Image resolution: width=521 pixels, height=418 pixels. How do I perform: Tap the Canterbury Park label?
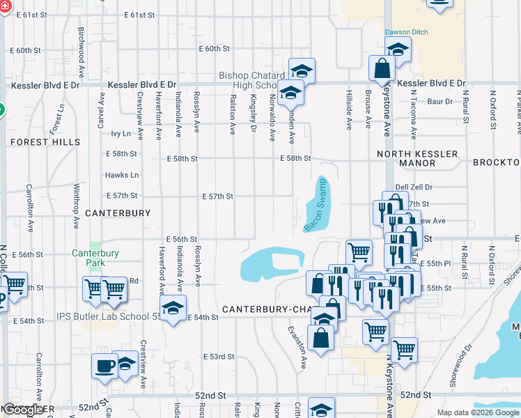click(x=95, y=258)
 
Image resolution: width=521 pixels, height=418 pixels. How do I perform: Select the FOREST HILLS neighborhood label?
click(x=39, y=141)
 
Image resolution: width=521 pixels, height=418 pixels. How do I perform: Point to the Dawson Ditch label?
click(x=407, y=32)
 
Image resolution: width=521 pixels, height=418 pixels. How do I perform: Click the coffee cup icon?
click(x=105, y=366)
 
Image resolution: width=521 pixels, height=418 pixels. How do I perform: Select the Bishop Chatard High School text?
click(x=251, y=80)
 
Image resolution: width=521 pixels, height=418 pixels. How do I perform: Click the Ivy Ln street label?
click(x=120, y=133)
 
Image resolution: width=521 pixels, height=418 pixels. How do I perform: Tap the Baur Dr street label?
click(x=440, y=102)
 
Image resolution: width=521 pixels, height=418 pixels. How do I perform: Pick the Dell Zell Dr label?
click(x=414, y=187)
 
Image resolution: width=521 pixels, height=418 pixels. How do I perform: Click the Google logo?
click(x=23, y=410)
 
